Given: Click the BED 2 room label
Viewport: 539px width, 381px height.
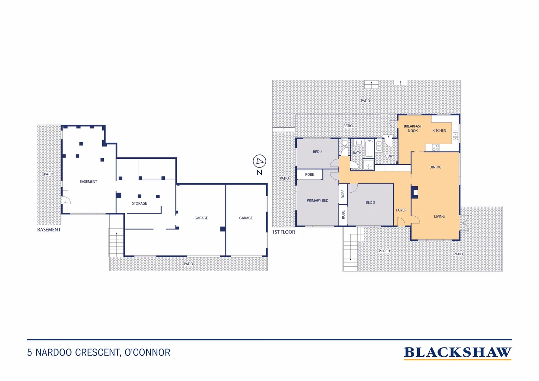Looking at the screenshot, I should tap(317, 152).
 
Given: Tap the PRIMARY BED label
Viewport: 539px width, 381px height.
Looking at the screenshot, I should tap(317, 200).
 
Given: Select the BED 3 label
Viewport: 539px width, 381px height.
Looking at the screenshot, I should tap(370, 202).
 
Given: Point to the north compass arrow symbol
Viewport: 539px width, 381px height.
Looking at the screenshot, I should tap(259, 161).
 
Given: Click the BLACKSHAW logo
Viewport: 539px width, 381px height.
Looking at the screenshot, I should tap(458, 352).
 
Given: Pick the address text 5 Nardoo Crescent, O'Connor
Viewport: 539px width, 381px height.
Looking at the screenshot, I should tap(99, 352).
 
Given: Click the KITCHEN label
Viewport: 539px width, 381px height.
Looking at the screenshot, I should tap(439, 131).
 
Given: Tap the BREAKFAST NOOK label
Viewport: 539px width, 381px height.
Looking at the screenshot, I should tap(413, 128).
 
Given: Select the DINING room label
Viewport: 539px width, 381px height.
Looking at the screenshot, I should tap(435, 167).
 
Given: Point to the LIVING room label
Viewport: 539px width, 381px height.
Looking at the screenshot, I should tap(439, 217).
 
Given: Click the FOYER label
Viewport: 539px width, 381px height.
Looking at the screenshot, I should tap(401, 210).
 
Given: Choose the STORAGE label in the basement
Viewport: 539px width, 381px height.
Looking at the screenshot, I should tap(139, 203).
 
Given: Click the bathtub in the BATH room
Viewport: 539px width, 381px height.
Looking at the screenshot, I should tap(369, 149).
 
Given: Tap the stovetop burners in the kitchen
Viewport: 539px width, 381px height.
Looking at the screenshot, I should tap(436, 147).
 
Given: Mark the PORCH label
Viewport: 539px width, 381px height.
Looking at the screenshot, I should tap(384, 251).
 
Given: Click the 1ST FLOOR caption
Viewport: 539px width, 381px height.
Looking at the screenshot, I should tap(283, 232).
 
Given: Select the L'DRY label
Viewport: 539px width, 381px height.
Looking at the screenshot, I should tap(389, 156).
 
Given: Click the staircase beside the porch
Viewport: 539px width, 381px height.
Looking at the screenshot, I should tap(350, 249).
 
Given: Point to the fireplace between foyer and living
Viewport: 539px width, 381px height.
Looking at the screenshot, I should tap(415, 192).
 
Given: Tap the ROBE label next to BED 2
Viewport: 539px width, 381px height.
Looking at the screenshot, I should tap(309, 175).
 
